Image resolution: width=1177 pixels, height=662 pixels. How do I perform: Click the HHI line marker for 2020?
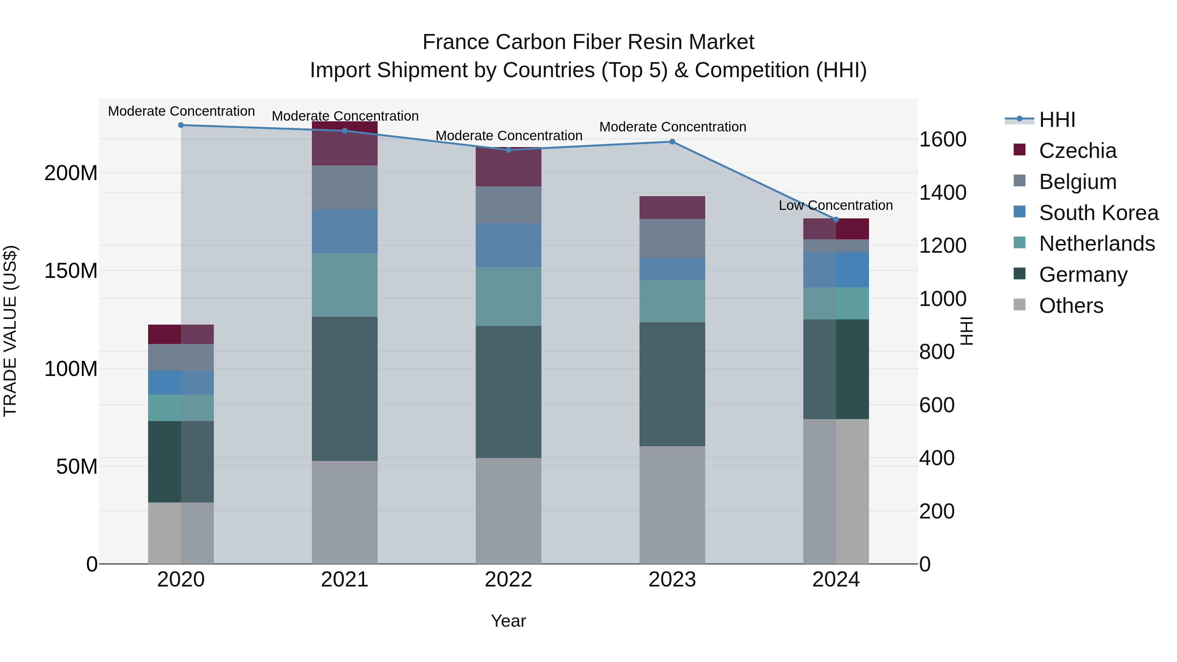click(181, 125)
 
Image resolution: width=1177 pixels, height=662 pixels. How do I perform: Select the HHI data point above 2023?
click(672, 142)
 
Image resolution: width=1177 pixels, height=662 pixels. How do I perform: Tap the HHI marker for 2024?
click(836, 220)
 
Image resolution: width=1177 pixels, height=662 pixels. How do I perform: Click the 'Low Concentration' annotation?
click(836, 206)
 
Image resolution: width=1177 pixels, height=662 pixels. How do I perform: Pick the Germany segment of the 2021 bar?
click(345, 388)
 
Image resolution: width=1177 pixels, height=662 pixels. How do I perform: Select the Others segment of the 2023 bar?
click(672, 504)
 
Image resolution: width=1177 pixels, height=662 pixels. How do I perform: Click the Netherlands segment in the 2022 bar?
click(508, 296)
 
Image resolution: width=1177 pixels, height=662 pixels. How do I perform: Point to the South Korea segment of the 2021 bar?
click(345, 231)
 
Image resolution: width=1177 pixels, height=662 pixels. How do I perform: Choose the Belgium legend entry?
click(1077, 182)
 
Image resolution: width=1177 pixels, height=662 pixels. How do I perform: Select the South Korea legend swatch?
click(1019, 212)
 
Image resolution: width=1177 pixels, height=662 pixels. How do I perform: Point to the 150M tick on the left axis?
click(71, 271)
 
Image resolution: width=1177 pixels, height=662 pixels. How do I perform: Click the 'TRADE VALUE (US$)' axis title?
click(10, 331)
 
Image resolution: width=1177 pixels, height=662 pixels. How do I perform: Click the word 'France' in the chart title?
click(455, 42)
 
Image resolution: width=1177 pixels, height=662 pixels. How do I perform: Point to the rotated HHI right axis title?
click(967, 331)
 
